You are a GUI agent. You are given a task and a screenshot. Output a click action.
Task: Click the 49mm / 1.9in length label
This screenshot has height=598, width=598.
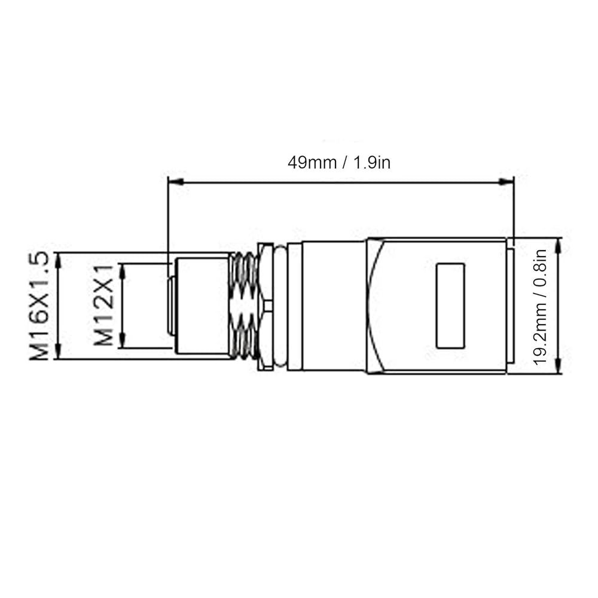click(338, 163)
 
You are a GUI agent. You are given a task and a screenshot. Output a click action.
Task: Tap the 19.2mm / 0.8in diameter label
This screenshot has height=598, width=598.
click(540, 307)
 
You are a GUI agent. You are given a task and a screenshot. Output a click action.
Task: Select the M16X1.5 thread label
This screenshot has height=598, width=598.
click(39, 306)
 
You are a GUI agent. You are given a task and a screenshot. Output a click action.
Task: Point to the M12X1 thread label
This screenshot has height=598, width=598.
click(103, 305)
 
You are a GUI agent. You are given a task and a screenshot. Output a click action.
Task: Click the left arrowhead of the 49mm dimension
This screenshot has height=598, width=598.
click(175, 182)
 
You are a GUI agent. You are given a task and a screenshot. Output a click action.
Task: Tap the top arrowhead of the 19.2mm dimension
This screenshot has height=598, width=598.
click(559, 245)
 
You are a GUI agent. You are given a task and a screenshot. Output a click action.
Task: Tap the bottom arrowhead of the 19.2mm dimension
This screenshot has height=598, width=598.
click(559, 365)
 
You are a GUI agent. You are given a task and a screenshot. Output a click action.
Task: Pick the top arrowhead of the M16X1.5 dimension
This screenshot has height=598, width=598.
click(58, 261)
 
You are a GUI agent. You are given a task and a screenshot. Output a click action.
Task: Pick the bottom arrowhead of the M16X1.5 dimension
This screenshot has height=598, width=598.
click(58, 351)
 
